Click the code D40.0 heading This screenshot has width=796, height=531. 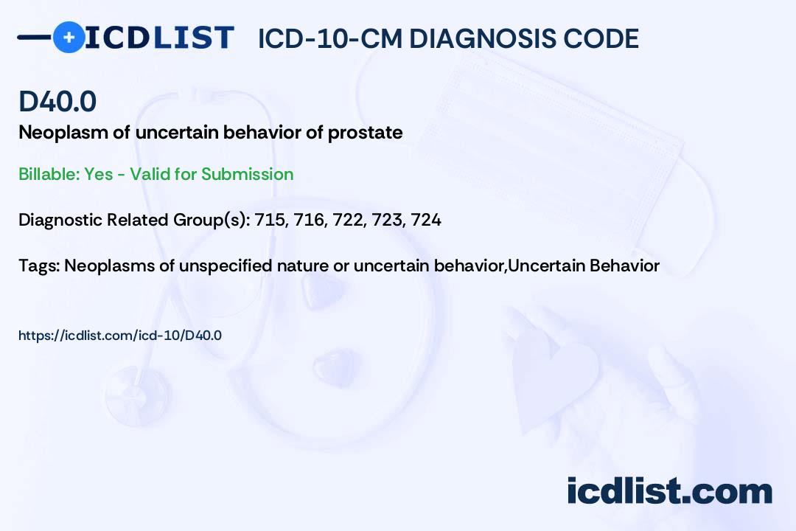point(57,102)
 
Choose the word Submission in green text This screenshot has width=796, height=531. point(248,174)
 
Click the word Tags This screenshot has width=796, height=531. point(38,265)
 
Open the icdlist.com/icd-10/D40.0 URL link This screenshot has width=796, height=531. point(120,336)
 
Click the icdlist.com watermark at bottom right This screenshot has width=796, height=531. point(669,491)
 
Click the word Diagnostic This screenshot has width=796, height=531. point(60,220)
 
